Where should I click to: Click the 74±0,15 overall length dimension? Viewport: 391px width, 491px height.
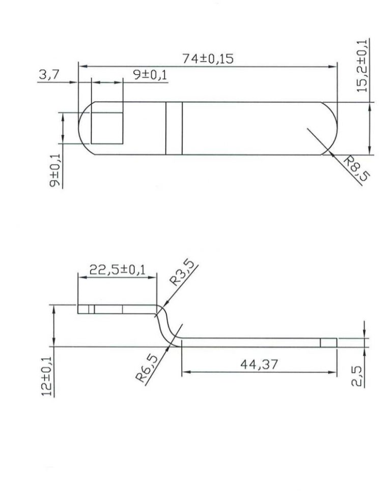pos(208,59)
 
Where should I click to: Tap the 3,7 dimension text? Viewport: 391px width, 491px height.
pos(49,75)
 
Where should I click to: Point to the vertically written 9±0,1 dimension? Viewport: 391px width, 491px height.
pos(54,171)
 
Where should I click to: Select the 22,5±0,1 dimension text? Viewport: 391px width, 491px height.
pos(117,269)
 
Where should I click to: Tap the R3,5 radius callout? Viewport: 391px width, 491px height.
pos(183,275)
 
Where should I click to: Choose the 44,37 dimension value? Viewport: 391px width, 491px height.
pos(258,364)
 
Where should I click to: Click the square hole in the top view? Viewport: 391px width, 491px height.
pos(106,128)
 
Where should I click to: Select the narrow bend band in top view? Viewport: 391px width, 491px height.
pos(174,128)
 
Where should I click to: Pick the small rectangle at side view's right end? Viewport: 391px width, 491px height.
pos(328,342)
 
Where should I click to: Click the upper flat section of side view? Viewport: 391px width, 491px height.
pos(117,309)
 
